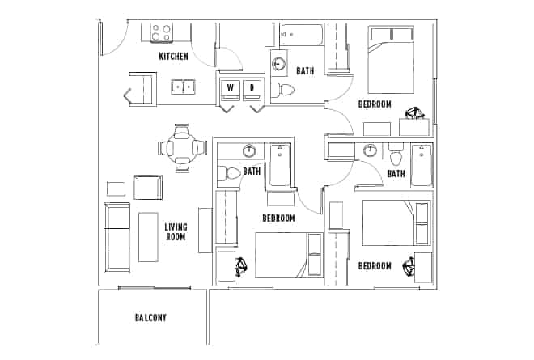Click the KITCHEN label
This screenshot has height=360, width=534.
(173, 56)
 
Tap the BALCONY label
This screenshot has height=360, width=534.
(150, 318)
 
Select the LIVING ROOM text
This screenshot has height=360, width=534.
(176, 232)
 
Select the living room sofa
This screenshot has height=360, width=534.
(117, 238)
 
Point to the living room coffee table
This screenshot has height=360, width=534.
(147, 236)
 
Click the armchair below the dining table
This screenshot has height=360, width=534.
(148, 188)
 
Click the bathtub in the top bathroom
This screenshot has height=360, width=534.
(302, 35)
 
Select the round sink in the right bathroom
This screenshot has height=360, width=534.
(371, 150)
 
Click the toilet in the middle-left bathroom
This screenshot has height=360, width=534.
(231, 172)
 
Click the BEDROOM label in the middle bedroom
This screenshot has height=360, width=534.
(278, 218)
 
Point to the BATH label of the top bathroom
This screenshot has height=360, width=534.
(305, 71)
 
